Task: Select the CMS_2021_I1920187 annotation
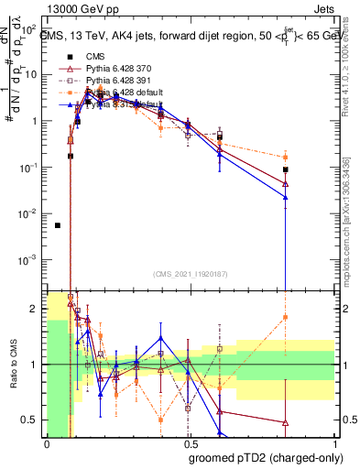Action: click(x=190, y=272)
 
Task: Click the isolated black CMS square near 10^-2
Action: click(x=58, y=225)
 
